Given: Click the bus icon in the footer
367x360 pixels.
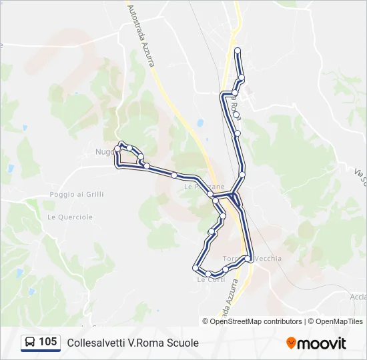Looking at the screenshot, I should (30, 343).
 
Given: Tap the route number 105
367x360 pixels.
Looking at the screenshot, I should (47, 342).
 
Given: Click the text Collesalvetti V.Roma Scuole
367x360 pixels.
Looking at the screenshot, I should (133, 343).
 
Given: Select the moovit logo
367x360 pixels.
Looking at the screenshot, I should (316, 343).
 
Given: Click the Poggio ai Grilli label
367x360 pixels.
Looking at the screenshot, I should (77, 194).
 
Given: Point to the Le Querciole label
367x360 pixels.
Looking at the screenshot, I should (70, 217).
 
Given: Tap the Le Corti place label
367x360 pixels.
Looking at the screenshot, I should (211, 280).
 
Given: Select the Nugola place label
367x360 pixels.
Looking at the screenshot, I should (105, 152).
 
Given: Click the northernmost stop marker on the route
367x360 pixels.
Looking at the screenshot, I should (238, 50).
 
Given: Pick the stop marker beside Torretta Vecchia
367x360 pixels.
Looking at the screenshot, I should (248, 258).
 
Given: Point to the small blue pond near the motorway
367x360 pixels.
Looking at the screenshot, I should (200, 123).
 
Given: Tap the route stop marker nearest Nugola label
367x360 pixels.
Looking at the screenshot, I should (117, 149).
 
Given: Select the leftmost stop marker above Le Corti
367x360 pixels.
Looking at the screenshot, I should (196, 268).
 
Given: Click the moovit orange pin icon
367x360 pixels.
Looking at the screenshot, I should (291, 343).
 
